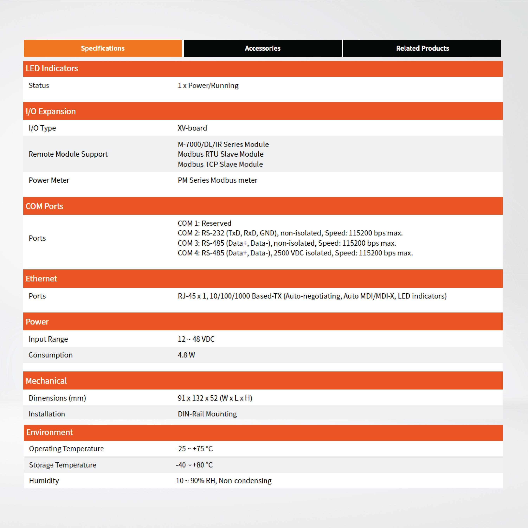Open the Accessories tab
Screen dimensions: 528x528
pyautogui.click(x=262, y=48)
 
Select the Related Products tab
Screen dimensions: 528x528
pyautogui.click(x=422, y=48)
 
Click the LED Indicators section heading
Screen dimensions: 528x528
pyautogui.click(x=52, y=68)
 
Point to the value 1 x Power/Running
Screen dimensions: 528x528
pyautogui.click(x=208, y=86)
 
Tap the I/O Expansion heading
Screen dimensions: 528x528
pyautogui.click(x=51, y=111)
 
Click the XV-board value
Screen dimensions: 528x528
pyautogui.click(x=192, y=128)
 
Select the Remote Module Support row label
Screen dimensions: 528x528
pyautogui.click(x=68, y=154)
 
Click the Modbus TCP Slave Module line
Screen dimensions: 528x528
pyautogui.click(x=220, y=164)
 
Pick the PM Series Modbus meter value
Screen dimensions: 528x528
pyautogui.click(x=217, y=180)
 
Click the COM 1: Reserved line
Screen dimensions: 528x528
pyautogui.click(x=204, y=223)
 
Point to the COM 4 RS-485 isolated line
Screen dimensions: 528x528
pyautogui.click(x=295, y=253)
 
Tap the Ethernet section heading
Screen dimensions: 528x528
pyautogui.click(x=41, y=279)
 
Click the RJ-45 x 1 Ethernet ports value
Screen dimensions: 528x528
pyautogui.click(x=312, y=296)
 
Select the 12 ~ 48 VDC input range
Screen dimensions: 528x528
pyautogui.click(x=196, y=339)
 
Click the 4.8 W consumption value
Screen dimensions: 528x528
pyautogui.click(x=186, y=355)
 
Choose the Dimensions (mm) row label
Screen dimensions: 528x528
pyautogui.click(x=57, y=398)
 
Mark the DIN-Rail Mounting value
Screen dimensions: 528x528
pyautogui.click(x=207, y=414)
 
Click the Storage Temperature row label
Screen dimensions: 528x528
pyautogui.click(x=63, y=465)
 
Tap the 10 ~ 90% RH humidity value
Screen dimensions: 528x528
pyautogui.click(x=223, y=481)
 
